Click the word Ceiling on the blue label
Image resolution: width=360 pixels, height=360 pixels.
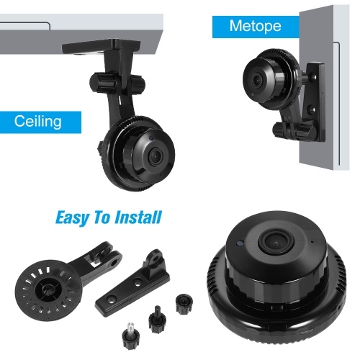tap(38, 121)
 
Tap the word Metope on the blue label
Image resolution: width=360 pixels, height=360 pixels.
tap(255, 26)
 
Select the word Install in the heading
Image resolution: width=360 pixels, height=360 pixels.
tap(138, 217)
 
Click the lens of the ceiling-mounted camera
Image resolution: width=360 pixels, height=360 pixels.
tap(156, 157)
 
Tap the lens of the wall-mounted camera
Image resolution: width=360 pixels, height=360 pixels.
tap(256, 80)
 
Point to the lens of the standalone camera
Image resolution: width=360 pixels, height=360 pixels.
tap(276, 243)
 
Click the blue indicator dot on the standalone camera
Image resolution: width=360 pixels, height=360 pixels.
tap(239, 243)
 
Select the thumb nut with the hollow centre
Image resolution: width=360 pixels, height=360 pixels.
tap(184, 304)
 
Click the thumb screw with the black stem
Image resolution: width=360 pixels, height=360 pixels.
tap(157, 318)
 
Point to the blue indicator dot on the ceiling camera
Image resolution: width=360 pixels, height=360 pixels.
tap(151, 138)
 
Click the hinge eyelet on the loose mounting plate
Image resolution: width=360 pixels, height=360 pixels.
tap(157, 258)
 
